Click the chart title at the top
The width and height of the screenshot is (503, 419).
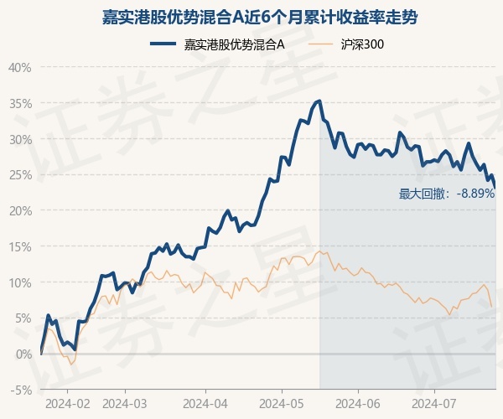(251, 16)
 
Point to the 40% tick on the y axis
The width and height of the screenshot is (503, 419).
(19, 67)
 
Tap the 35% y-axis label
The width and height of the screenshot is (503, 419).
(19, 103)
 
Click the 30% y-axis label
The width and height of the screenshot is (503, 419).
(19, 139)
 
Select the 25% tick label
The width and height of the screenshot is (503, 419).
(19, 175)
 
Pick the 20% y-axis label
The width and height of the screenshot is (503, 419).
(19, 210)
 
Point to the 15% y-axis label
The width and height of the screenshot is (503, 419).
(19, 246)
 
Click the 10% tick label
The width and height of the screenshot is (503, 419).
(19, 282)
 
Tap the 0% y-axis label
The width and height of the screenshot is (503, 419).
(23, 354)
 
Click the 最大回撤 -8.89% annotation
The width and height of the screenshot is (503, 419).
(447, 194)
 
